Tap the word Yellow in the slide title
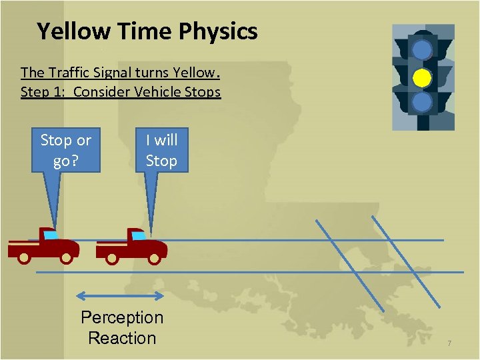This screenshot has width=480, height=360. (x=73, y=31)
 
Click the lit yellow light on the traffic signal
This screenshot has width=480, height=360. (x=421, y=78)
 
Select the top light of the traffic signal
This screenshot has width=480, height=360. (x=421, y=50)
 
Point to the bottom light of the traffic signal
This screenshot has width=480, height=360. (x=421, y=102)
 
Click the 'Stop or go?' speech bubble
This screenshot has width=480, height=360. (x=65, y=150)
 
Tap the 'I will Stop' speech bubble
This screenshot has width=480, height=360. (x=161, y=150)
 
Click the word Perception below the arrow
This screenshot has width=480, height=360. (x=122, y=317)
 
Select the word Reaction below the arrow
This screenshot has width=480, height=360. (x=122, y=338)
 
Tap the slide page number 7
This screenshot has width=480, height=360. (x=449, y=343)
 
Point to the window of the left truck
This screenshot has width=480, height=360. (x=51, y=235)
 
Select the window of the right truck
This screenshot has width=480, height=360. (x=139, y=235)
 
